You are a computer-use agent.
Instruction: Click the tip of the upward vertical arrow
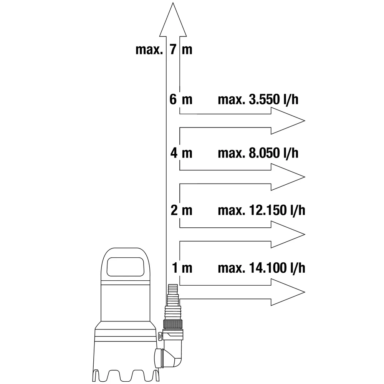[173, 3]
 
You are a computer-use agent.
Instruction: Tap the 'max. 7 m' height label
[164, 50]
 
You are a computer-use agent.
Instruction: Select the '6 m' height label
[181, 99]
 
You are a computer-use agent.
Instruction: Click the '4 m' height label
[181, 153]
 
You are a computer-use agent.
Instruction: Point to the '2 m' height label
[181, 210]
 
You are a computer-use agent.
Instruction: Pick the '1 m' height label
[182, 268]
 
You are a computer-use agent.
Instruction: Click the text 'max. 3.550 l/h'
[258, 100]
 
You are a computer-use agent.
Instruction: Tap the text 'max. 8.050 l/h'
[258, 153]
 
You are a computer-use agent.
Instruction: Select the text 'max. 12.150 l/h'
[262, 210]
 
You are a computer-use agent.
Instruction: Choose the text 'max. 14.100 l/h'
[262, 268]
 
